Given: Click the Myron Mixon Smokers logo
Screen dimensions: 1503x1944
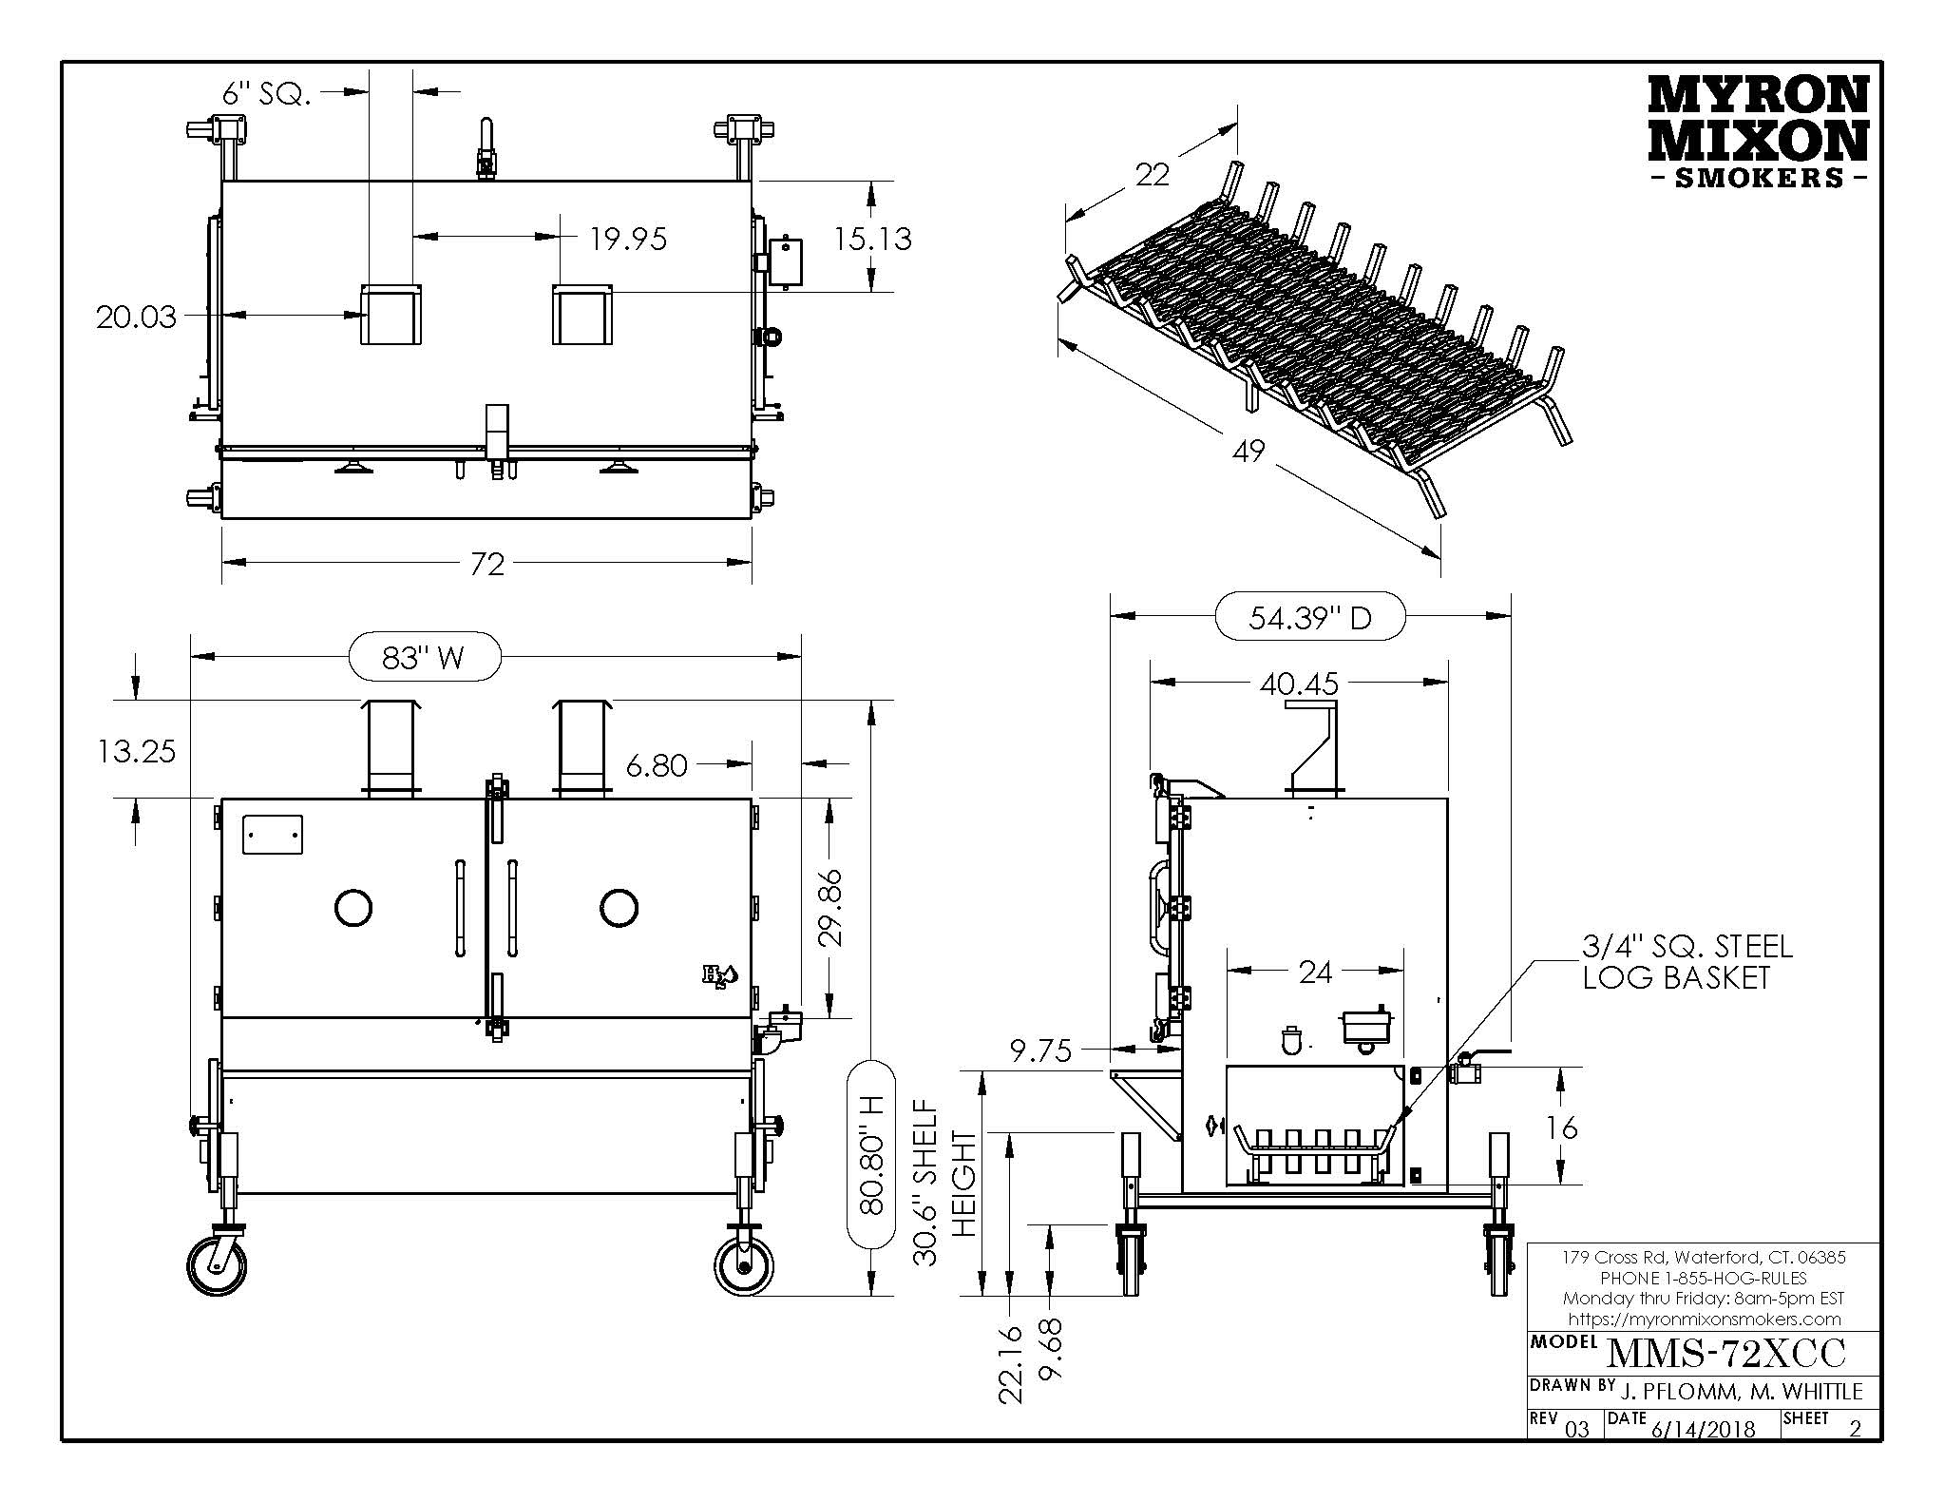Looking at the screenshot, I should [x=1756, y=132].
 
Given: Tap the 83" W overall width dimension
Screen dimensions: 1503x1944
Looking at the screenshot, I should [x=423, y=656].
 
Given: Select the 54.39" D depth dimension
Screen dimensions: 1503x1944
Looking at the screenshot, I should [x=1310, y=618].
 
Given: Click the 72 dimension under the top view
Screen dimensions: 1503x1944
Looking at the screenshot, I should [x=486, y=565].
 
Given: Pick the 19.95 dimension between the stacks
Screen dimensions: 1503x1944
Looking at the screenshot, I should [x=628, y=239].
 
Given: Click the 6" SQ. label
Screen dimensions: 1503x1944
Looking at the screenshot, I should [x=266, y=93].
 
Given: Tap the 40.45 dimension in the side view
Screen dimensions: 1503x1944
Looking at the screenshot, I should [x=1299, y=683].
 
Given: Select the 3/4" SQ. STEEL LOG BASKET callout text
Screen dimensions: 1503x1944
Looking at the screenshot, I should [x=1687, y=961].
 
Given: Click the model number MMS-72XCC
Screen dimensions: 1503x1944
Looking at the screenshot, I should [x=1725, y=1352].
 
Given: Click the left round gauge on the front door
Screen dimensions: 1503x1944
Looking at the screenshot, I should [x=353, y=907].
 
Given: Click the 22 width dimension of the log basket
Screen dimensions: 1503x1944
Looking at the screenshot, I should [x=1152, y=175].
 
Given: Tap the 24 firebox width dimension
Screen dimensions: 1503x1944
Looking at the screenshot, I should [x=1315, y=971].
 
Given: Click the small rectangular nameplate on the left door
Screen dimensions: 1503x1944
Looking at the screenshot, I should [x=273, y=835].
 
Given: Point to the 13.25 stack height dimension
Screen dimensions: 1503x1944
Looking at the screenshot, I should [x=137, y=751].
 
